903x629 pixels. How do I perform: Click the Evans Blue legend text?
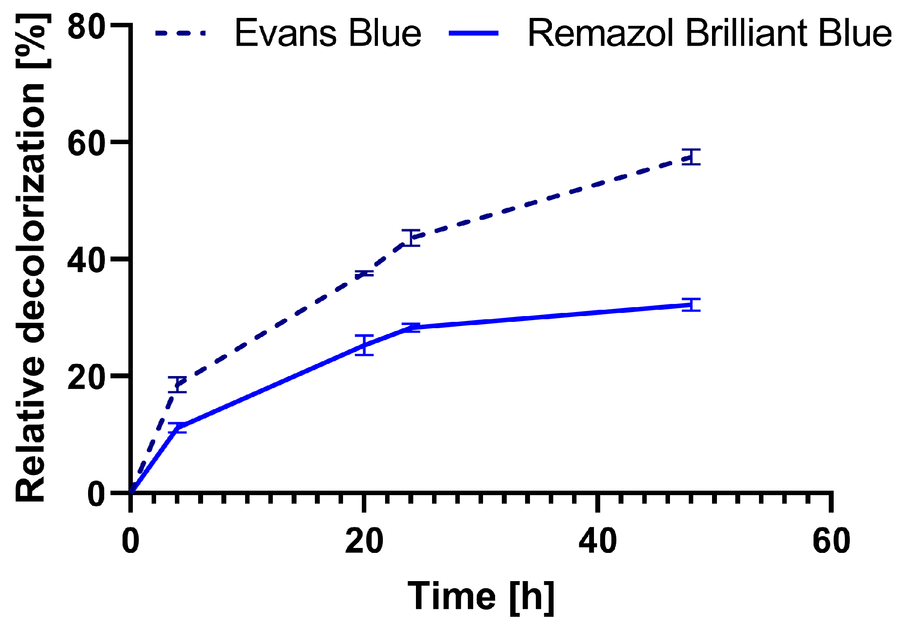click(x=328, y=34)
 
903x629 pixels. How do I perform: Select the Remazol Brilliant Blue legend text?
click(x=710, y=34)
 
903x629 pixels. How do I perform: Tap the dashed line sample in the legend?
click(x=180, y=33)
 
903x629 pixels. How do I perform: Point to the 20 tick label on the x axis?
click(x=364, y=541)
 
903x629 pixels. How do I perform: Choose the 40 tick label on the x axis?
click(x=598, y=541)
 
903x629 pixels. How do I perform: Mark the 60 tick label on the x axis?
click(x=831, y=541)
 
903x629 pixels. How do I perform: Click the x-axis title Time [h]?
click(x=481, y=597)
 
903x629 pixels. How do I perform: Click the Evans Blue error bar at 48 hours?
click(x=691, y=157)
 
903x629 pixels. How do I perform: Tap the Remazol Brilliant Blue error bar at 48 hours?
click(x=691, y=304)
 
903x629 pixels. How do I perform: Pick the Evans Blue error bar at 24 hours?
click(x=411, y=238)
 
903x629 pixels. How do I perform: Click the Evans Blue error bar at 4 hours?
click(x=178, y=385)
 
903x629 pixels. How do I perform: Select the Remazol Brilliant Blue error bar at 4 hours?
click(x=178, y=428)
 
